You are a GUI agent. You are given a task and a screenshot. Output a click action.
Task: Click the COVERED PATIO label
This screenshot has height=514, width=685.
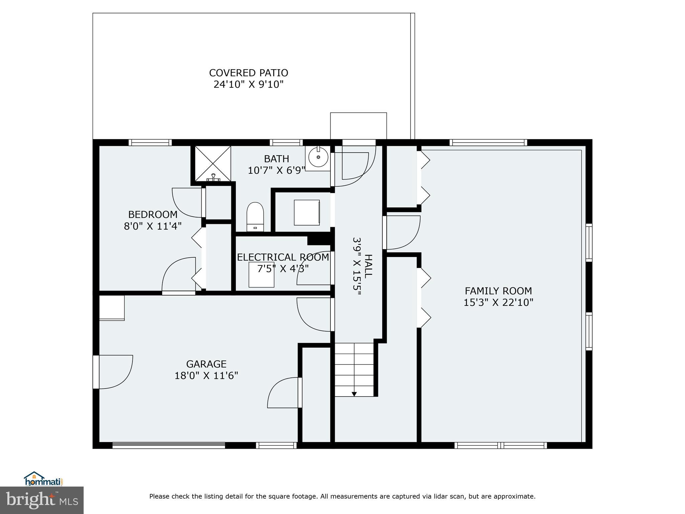tap(248, 73)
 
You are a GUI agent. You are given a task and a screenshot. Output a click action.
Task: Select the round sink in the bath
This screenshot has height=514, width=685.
tap(318, 157)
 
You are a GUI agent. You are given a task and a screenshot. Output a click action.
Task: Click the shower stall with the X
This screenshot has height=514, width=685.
tap(213, 163)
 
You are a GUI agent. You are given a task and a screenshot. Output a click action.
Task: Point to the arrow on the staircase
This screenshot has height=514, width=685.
tap(354, 394)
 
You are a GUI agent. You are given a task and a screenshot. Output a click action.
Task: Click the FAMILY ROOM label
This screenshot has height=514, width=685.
tap(498, 291)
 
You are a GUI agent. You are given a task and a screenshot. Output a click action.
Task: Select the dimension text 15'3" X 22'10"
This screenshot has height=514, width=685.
tap(498, 303)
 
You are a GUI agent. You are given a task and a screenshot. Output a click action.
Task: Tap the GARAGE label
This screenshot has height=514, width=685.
tap(206, 364)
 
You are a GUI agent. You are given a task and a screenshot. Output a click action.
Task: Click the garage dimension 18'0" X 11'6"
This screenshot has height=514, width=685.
tap(206, 375)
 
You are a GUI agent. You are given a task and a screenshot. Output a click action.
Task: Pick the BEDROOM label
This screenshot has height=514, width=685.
tap(153, 214)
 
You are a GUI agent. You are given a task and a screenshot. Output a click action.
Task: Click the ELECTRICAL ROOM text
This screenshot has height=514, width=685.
tap(283, 257)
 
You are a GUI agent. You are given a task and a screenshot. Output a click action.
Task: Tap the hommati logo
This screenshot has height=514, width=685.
tap(43, 479)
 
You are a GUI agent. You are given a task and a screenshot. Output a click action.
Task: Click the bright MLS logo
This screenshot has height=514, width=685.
tap(42, 500)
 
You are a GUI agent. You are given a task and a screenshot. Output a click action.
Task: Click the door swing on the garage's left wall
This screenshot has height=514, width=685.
tap(114, 371)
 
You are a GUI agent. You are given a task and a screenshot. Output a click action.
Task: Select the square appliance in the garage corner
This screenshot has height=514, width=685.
tap(112, 308)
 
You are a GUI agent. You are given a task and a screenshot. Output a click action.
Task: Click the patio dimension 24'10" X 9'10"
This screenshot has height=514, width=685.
tap(248, 84)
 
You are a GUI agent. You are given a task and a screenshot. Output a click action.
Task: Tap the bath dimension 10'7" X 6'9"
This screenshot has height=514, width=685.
tap(276, 170)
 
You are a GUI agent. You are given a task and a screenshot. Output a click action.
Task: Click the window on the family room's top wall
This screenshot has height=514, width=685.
tap(488, 143)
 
